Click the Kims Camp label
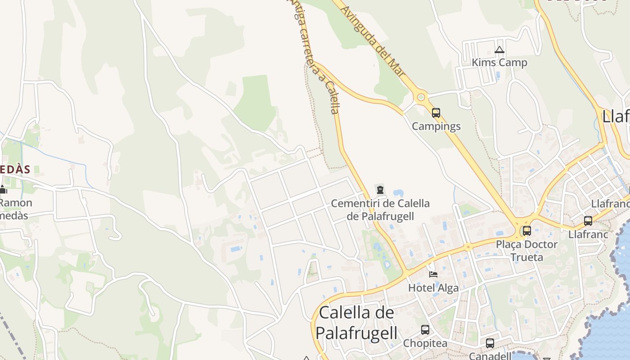(x=499, y=63)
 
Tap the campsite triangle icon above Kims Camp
(x=499, y=50)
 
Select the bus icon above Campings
(x=436, y=113)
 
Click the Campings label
(x=436, y=126)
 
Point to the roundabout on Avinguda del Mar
(x=421, y=97)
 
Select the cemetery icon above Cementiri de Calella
(x=380, y=190)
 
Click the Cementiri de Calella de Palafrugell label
(x=380, y=210)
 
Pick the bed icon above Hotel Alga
(x=433, y=274)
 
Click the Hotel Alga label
(x=433, y=288)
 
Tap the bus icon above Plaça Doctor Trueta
(x=526, y=231)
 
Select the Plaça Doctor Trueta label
(x=526, y=251)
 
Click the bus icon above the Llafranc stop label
(x=588, y=221)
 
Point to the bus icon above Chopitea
(x=425, y=330)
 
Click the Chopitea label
(x=425, y=343)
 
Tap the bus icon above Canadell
(x=490, y=343)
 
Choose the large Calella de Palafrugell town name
(x=356, y=323)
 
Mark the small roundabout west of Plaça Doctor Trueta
(x=468, y=247)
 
